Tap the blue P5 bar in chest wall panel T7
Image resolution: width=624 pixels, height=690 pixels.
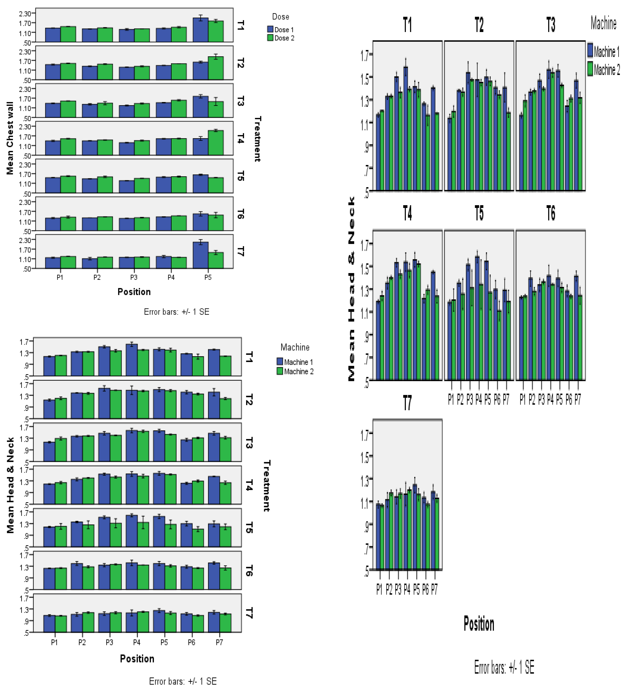200,255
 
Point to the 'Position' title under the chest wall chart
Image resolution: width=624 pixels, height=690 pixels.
134,292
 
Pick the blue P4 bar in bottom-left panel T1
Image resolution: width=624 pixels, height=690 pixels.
132,360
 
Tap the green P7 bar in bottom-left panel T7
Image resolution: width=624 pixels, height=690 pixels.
225,623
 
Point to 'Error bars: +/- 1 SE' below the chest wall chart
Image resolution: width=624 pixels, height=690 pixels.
176,312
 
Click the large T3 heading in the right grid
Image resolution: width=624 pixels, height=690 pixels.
551,25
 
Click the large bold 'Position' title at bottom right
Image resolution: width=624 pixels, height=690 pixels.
479,624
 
